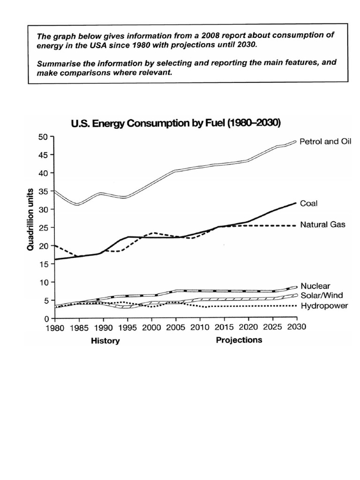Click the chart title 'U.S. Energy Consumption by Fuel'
click(175, 124)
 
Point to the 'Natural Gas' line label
click(323, 225)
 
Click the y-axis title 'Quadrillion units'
click(30, 219)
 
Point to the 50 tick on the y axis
click(44, 137)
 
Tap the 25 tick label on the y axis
click(44, 228)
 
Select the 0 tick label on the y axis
click(46, 319)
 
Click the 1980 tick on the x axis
click(55, 328)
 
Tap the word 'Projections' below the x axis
click(239, 340)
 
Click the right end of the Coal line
click(295, 203)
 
